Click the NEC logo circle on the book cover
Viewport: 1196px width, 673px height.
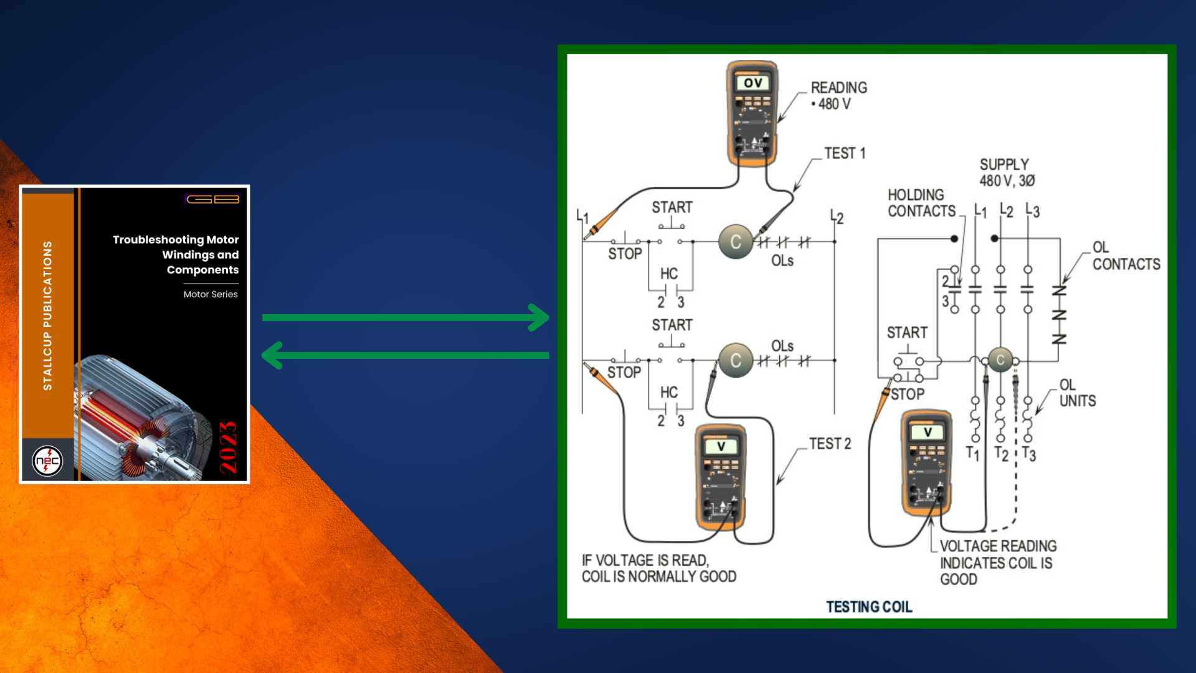47,461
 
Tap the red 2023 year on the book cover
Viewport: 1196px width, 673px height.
229,447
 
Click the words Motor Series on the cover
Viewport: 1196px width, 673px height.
211,294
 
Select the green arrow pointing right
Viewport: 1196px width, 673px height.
405,317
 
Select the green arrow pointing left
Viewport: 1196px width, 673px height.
405,355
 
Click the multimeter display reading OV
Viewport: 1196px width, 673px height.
752,83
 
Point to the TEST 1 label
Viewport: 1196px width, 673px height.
845,153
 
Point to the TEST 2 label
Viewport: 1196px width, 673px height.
830,444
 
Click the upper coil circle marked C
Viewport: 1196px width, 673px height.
736,242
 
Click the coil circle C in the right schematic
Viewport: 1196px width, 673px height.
1000,360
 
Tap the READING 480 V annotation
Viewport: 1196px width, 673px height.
838,96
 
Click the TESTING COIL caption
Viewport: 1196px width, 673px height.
869,606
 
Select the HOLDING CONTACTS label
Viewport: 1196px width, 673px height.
921,203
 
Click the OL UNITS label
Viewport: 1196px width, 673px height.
1077,393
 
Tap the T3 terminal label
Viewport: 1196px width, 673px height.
1029,454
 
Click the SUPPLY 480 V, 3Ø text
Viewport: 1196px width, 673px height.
1007,173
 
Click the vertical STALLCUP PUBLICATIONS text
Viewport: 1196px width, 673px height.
47,316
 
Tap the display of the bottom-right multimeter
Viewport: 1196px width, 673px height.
927,432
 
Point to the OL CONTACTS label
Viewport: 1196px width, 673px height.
1126,256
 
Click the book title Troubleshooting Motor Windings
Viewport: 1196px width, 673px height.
176,254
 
